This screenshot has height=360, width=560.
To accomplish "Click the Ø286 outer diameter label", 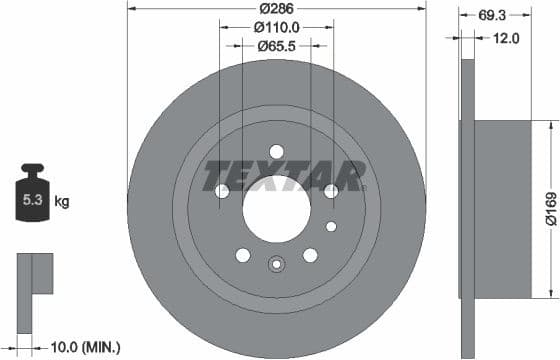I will tap(277, 8).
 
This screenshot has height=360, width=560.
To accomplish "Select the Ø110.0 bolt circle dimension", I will tap(277, 27).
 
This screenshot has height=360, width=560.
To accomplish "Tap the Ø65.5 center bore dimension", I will tap(277, 46).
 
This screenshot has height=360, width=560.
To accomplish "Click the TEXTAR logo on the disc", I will tap(284, 176).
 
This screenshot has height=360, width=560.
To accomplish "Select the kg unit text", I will tap(62, 202).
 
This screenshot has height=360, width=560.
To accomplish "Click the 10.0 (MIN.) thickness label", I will tap(85, 347).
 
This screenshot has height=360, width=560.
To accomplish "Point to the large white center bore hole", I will tap(276, 208).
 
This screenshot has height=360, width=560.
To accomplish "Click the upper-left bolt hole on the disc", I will tap(222, 190).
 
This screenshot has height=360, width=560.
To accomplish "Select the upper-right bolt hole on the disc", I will tap(331, 190).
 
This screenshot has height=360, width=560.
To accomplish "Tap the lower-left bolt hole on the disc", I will tap(243, 255).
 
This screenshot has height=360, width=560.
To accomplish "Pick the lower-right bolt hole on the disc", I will tap(310, 255).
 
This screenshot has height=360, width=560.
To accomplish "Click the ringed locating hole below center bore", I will tap(276, 265).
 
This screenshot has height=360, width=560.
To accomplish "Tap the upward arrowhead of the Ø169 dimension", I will tap(549, 125).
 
